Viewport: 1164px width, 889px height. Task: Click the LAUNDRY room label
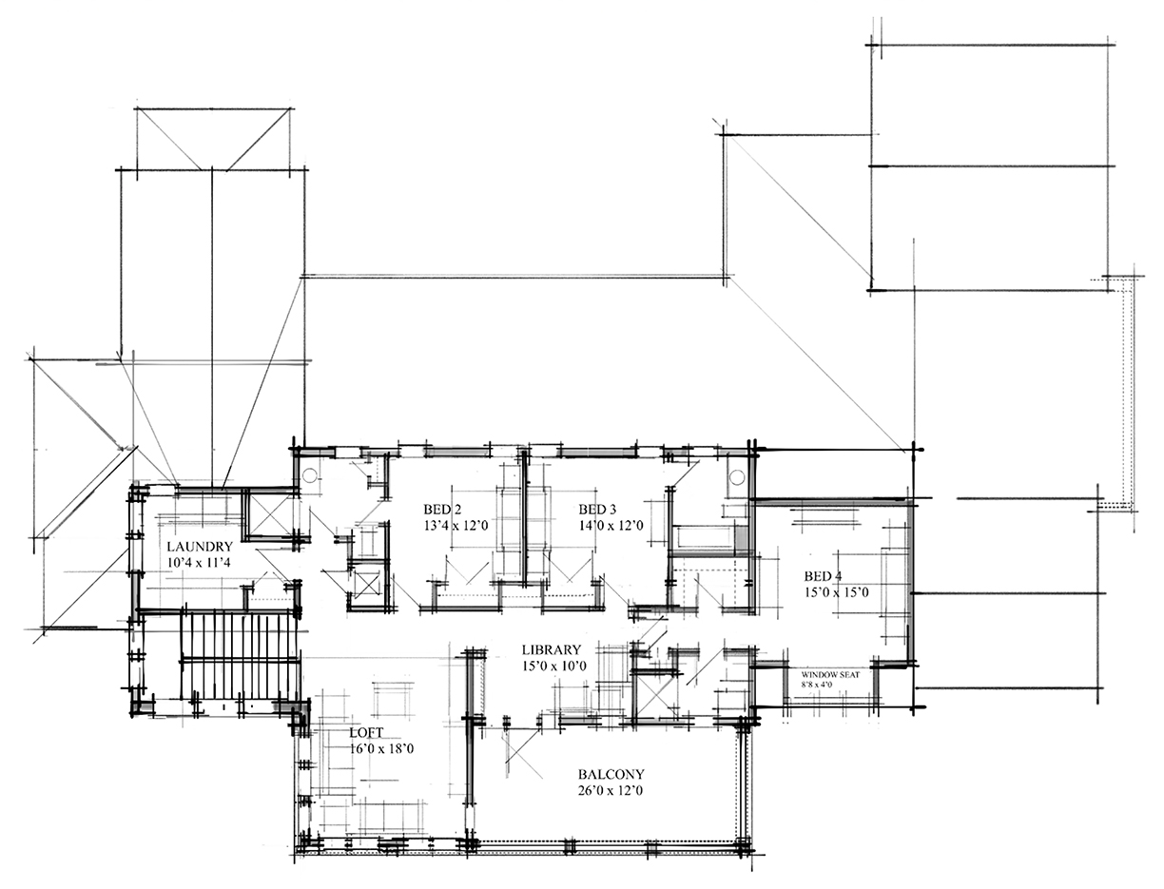pos(200,547)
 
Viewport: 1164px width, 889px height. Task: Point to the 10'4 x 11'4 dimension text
pos(200,563)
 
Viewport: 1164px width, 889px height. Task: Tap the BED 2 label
pos(442,509)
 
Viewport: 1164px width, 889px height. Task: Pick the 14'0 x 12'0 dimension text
pos(611,525)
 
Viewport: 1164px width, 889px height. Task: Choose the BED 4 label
pos(823,576)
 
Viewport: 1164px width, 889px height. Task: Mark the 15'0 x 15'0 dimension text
pos(836,592)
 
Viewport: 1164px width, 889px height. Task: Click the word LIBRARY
pos(551,650)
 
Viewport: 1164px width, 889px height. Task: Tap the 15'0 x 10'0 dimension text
pos(553,666)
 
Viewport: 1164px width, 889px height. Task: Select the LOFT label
pos(367,733)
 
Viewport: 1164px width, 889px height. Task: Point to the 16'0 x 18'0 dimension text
pos(381,749)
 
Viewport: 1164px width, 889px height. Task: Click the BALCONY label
pos(611,774)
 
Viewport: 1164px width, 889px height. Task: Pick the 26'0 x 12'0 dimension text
pos(611,790)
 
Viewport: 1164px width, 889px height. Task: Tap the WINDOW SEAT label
pos(830,674)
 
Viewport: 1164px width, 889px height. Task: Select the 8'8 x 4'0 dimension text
pos(817,684)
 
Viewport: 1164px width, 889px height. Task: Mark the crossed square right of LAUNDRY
pos(271,515)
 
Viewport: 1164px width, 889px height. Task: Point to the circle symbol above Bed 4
pos(737,477)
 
